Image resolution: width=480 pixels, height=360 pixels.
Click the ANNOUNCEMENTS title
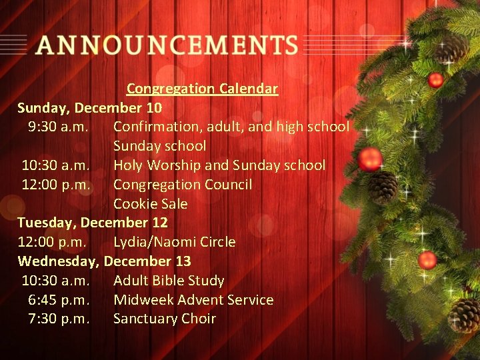pyautogui.click(x=167, y=45)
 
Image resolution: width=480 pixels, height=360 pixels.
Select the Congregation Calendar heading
pyautogui.click(x=202, y=89)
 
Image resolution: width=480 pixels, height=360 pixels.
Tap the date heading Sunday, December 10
pyautogui.click(x=89, y=107)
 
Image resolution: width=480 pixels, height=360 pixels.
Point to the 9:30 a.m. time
pyautogui.click(x=59, y=127)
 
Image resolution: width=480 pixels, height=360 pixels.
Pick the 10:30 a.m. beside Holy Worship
pyautogui.click(x=55, y=165)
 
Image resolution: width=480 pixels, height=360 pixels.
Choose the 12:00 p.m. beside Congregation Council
pyautogui.click(x=55, y=185)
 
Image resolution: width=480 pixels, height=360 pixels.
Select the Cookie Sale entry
pyautogui.click(x=150, y=204)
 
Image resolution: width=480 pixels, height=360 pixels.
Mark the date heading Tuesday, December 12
pyautogui.click(x=92, y=223)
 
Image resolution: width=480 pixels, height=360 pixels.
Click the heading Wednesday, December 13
pyautogui.click(x=104, y=261)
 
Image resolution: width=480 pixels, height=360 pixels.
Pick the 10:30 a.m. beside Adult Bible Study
pyautogui.click(x=55, y=281)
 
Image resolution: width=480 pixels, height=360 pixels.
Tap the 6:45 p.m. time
pyautogui.click(x=59, y=300)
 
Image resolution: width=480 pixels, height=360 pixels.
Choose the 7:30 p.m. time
pyautogui.click(x=59, y=319)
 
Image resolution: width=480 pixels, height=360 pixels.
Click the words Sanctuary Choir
pyautogui.click(x=164, y=319)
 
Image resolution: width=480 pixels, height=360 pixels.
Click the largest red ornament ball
pyautogui.click(x=370, y=159)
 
